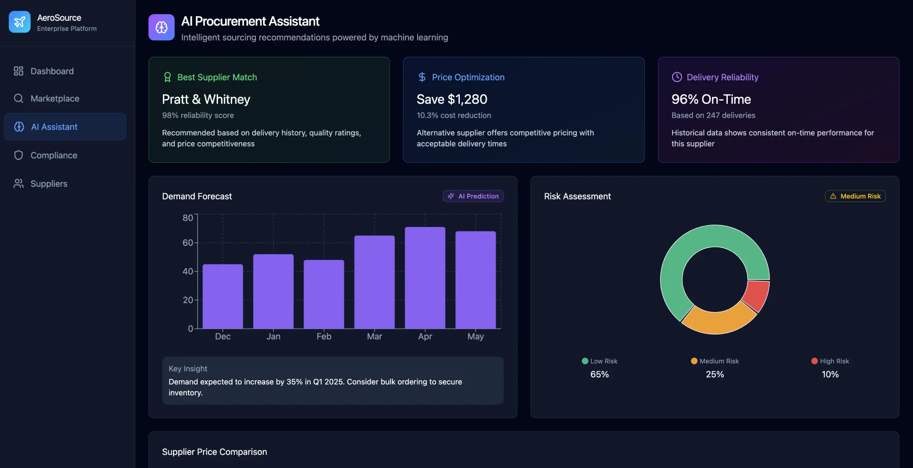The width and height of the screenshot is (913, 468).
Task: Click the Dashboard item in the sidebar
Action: point(52,71)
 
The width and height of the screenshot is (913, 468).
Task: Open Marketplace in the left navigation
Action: point(55,99)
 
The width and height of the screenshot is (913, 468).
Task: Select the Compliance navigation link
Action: point(54,156)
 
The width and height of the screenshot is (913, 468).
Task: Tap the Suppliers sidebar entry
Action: point(49,184)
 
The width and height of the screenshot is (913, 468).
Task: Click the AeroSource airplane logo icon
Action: point(20,22)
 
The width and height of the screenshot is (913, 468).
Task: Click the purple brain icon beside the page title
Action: point(161,28)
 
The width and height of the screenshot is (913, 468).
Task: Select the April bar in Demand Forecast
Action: point(425,278)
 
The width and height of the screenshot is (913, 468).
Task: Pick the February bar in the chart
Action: point(324,294)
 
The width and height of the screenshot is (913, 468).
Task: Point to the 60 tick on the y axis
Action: point(188,243)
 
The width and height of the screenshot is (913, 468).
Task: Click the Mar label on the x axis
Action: point(374,337)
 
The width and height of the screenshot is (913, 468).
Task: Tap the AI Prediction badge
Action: point(473,196)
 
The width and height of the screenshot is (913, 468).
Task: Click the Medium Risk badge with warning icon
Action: point(855,196)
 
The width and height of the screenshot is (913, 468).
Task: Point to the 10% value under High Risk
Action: point(830,375)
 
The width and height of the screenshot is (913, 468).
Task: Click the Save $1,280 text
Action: point(452,99)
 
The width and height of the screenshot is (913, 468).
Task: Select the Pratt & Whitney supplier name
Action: point(206,99)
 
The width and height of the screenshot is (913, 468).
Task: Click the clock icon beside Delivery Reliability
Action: point(677,77)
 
